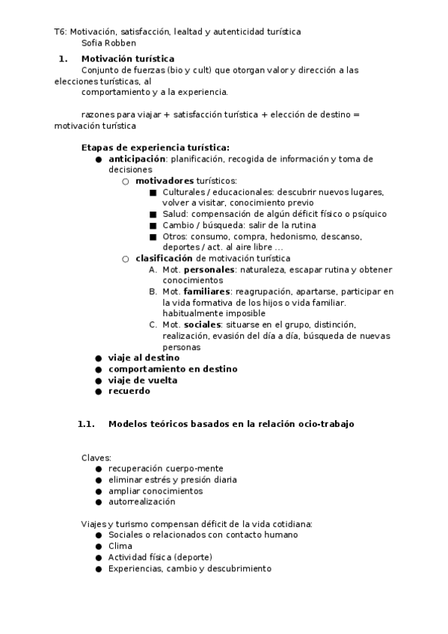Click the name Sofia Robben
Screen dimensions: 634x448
pyautogui.click(x=109, y=43)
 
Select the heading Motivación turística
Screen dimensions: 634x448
pyautogui.click(x=128, y=58)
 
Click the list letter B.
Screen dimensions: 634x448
pyautogui.click(x=152, y=292)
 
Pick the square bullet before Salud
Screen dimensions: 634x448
pyautogui.click(x=153, y=214)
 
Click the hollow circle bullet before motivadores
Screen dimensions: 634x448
pyautogui.click(x=126, y=181)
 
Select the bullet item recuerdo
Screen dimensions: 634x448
pyautogui.click(x=129, y=390)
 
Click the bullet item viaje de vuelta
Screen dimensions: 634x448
pyautogui.click(x=142, y=380)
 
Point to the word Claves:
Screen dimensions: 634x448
pyautogui.click(x=96, y=458)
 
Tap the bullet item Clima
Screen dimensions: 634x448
pyautogui.click(x=120, y=546)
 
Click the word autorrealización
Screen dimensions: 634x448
pyautogui.click(x=141, y=502)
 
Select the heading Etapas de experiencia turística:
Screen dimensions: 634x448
pyautogui.click(x=155, y=147)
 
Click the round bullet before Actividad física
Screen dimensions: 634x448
pyautogui.click(x=99, y=557)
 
